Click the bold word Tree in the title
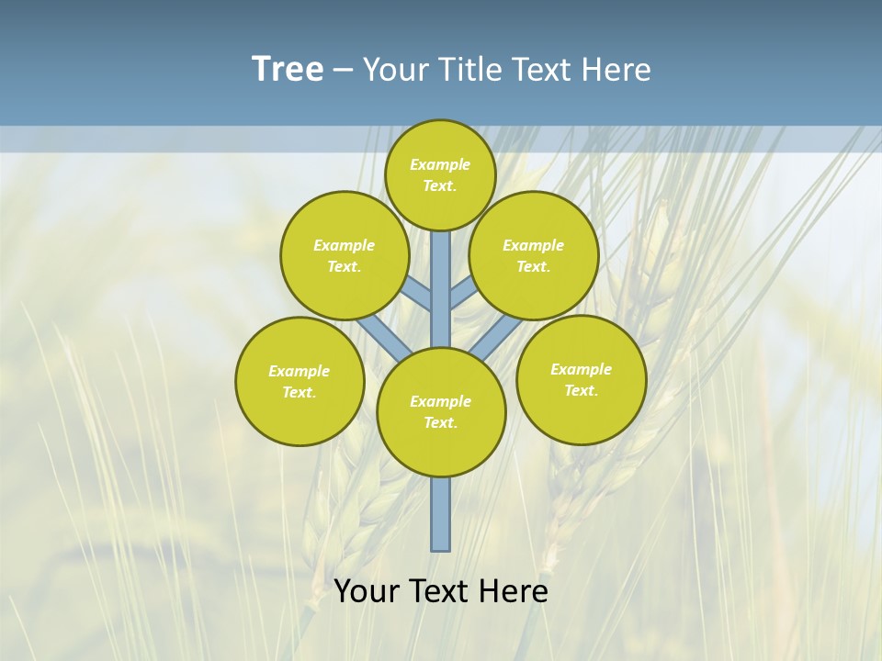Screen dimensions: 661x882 point(288,70)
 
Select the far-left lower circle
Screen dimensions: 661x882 point(300,381)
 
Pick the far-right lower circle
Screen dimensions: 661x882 point(581,379)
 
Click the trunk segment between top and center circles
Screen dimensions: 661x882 point(441,289)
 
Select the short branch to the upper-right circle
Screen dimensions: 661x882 point(463,294)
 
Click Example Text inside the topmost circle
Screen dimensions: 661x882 point(440,174)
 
